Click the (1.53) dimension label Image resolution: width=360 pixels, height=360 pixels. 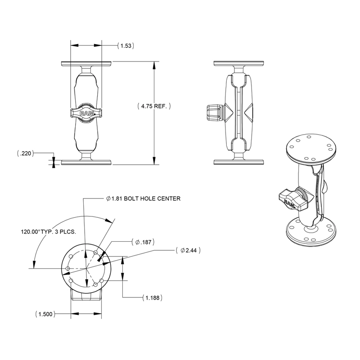coord(126,45)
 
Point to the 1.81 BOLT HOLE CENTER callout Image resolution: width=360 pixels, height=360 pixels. coord(143,198)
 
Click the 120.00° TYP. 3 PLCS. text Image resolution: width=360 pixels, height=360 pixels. coord(48,233)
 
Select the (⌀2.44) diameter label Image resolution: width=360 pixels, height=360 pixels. coord(189,250)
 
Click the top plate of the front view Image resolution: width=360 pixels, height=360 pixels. coord(86,63)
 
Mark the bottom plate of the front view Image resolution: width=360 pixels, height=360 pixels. coord(86,162)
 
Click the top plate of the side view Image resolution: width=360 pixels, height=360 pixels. coord(238,63)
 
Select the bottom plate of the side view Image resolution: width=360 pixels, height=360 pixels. coord(238,162)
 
